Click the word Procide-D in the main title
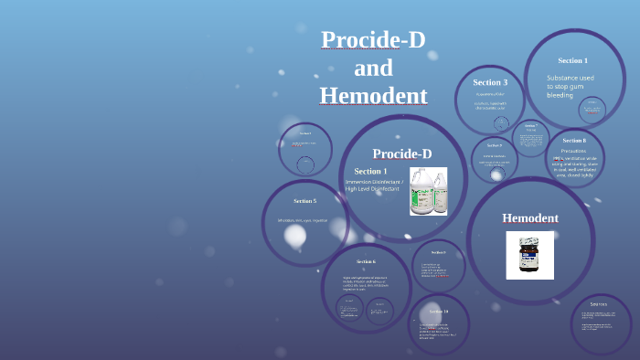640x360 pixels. click(373, 40)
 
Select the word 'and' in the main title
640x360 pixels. click(373, 69)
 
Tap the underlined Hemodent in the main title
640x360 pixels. click(373, 96)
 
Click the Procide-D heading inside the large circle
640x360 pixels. click(402, 154)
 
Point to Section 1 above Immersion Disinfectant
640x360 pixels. click(370, 171)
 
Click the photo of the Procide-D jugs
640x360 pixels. click(428, 190)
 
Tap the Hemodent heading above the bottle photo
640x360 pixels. click(530, 217)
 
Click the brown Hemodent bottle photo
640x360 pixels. click(530, 255)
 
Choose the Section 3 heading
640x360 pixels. click(490, 82)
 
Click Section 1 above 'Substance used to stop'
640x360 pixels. click(573, 60)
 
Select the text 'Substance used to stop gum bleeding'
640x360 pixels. click(572, 86)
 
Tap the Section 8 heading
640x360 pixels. click(574, 140)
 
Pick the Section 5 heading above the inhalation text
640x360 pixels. click(304, 200)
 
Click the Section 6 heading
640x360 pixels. click(367, 261)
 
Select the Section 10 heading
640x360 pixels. click(439, 312)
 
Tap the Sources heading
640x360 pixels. click(599, 303)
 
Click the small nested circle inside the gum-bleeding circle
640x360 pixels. click(592, 111)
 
